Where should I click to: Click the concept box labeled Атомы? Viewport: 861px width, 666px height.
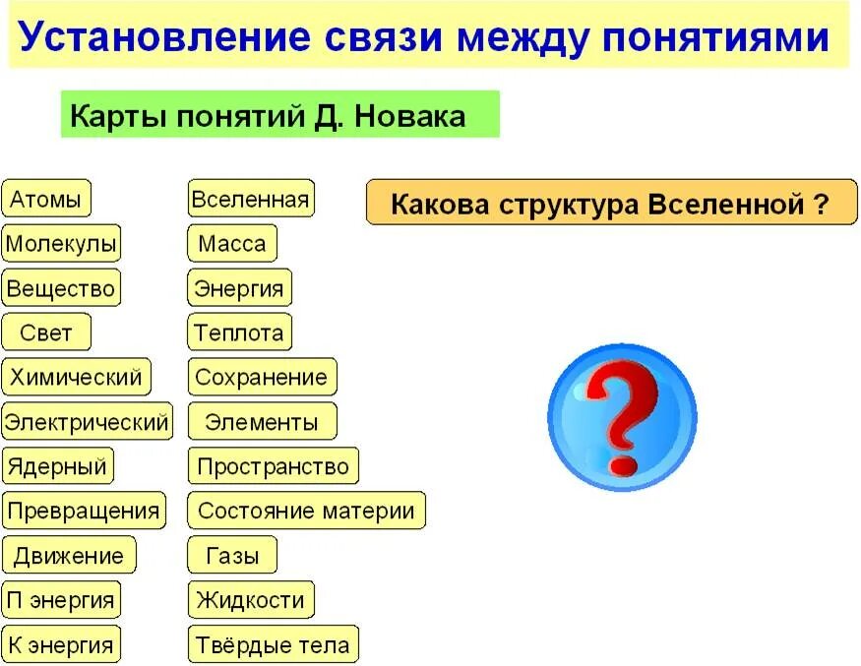click(46, 200)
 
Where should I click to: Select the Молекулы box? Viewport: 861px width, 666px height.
click(61, 243)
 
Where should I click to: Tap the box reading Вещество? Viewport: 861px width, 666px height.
click(61, 289)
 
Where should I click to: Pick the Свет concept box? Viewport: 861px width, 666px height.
click(46, 333)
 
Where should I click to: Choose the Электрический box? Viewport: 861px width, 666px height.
click(87, 423)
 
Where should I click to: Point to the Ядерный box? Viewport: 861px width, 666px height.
click(57, 466)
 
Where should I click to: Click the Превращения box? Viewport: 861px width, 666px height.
click(83, 512)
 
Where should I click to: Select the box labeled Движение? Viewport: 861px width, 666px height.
click(68, 556)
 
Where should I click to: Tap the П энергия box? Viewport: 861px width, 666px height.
click(61, 600)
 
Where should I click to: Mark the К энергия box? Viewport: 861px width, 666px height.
click(61, 645)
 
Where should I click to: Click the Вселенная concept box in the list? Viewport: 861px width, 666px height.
click(251, 200)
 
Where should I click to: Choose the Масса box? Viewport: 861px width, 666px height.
click(232, 243)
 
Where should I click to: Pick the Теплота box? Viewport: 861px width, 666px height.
click(239, 333)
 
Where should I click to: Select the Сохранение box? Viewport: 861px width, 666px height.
click(261, 377)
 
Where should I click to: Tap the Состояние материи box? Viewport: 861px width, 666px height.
click(306, 512)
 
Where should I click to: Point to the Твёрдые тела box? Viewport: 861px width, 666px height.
click(273, 645)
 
